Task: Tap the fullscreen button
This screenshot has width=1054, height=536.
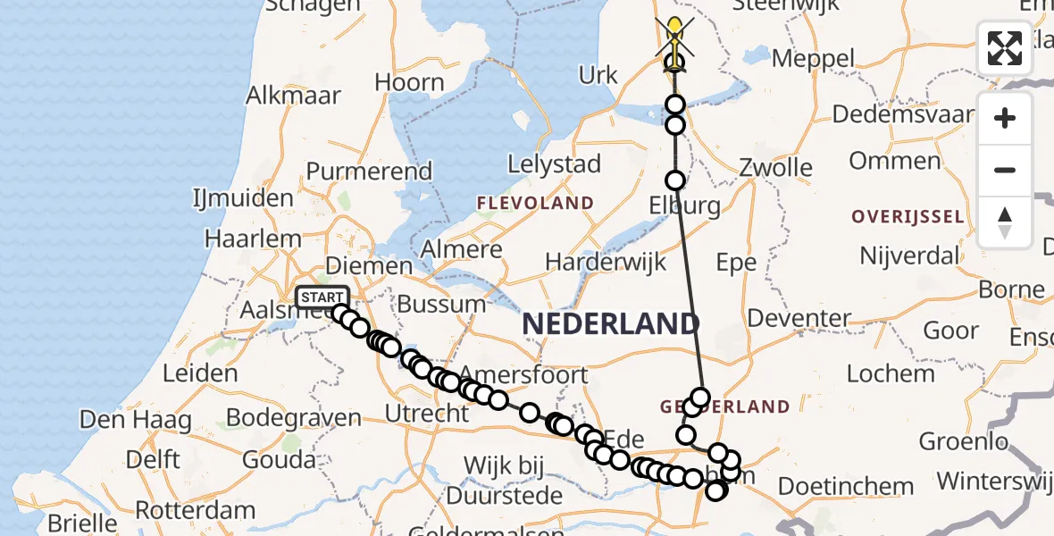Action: [1005, 48]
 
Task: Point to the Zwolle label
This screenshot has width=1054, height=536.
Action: [776, 168]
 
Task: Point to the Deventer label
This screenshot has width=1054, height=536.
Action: [799, 318]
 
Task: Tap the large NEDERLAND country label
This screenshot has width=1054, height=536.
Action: [610, 323]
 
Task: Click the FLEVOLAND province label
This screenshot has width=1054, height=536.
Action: [535, 204]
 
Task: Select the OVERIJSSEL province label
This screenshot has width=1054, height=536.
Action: [908, 217]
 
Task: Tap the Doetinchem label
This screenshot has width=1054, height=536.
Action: [846, 487]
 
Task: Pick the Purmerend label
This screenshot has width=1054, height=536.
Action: [369, 171]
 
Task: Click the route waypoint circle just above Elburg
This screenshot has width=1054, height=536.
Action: [675, 180]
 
